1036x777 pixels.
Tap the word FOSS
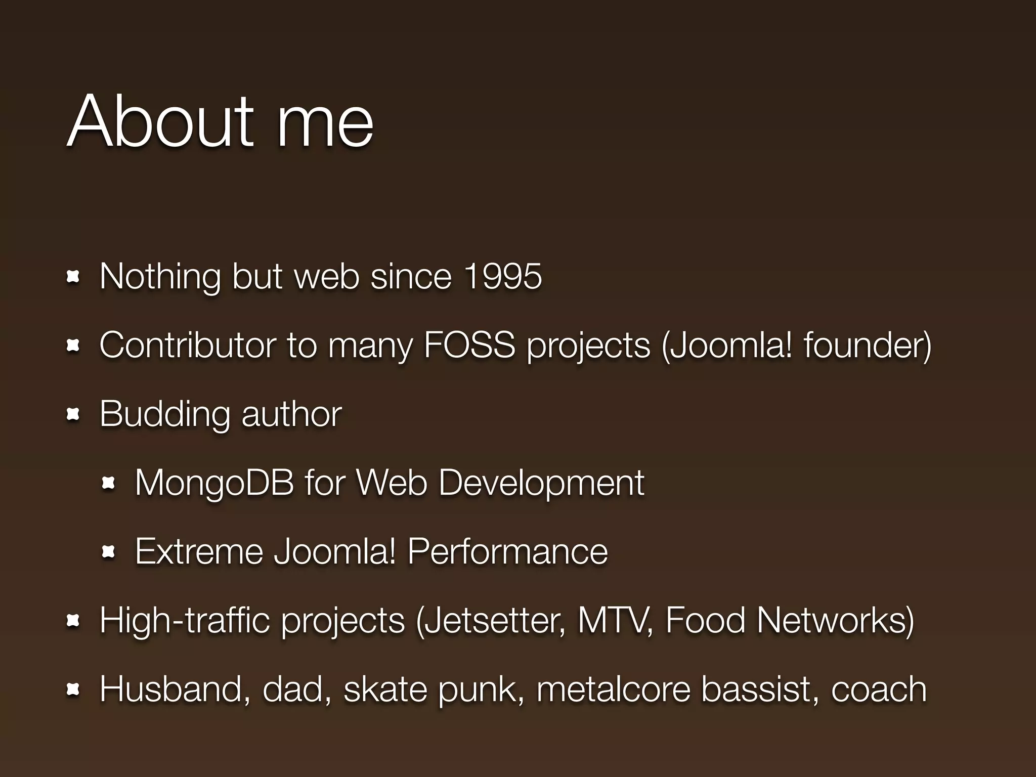click(469, 345)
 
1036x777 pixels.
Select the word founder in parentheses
click(865, 345)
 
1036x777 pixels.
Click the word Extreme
click(199, 551)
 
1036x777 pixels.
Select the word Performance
click(507, 551)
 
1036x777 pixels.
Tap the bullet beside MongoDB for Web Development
click(108, 484)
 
